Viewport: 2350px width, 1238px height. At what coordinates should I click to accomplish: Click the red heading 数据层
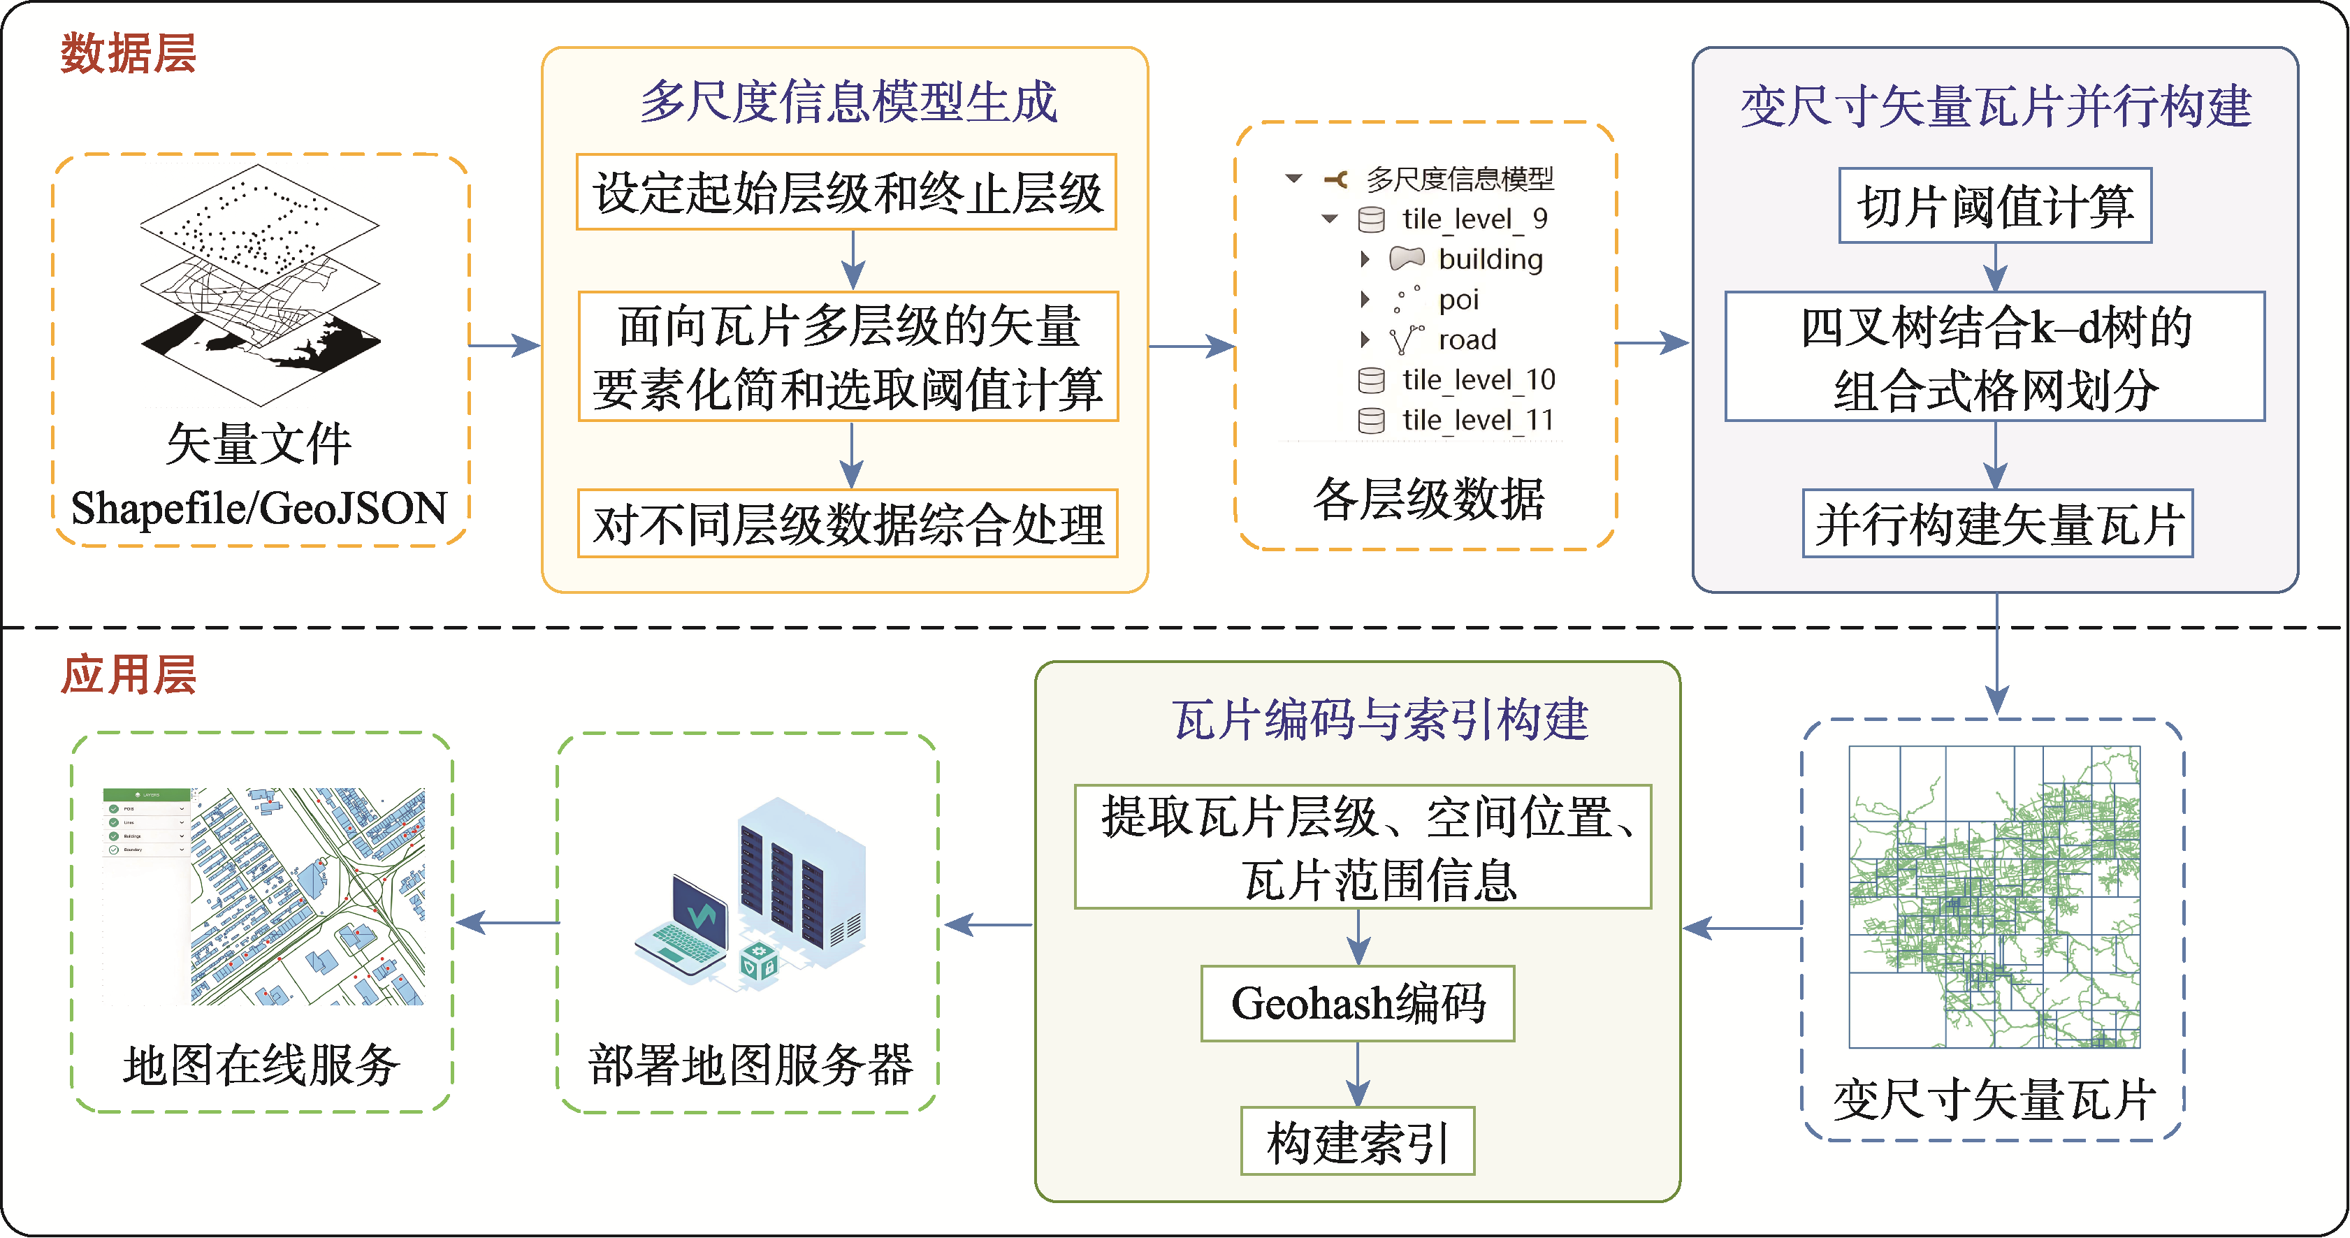point(129,53)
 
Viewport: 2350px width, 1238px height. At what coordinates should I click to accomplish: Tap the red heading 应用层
point(129,675)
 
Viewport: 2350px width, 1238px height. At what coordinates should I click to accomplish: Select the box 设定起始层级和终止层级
point(847,193)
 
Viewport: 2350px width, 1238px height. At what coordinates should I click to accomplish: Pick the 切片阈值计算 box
point(1995,206)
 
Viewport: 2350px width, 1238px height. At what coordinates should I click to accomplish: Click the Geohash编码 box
point(1358,1003)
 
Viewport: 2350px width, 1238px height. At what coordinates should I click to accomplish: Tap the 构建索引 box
point(1358,1142)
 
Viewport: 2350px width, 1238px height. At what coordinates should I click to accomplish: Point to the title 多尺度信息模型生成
point(848,101)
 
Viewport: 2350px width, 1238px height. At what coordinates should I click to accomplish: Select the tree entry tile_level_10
point(1478,379)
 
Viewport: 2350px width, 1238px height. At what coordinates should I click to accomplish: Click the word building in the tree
point(1490,259)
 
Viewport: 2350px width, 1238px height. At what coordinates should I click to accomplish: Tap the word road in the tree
point(1467,340)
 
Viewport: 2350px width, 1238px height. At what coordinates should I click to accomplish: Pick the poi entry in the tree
point(1458,299)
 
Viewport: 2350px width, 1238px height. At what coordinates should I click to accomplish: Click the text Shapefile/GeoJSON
point(259,508)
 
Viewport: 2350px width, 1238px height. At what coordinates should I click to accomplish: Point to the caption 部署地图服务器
point(750,1065)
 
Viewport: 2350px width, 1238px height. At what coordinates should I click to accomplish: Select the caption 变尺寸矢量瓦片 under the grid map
point(1994,1098)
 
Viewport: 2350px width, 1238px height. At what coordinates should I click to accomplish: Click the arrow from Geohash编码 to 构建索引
point(1358,1074)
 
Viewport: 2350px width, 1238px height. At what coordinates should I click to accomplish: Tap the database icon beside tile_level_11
point(1371,421)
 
